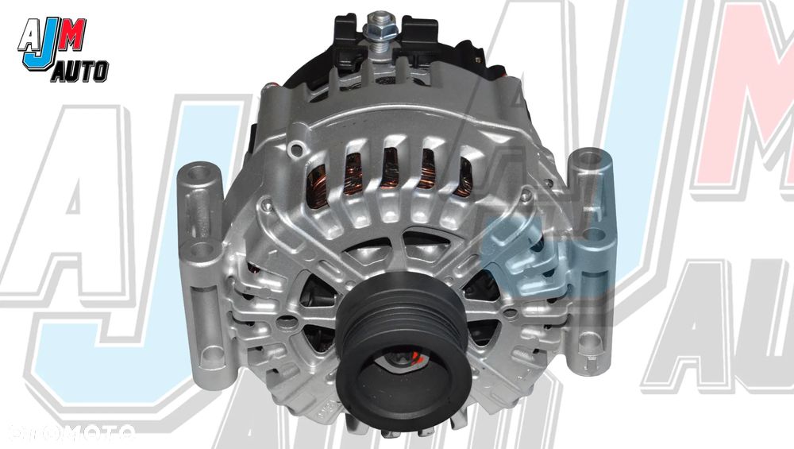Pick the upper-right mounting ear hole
tap(588, 159)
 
